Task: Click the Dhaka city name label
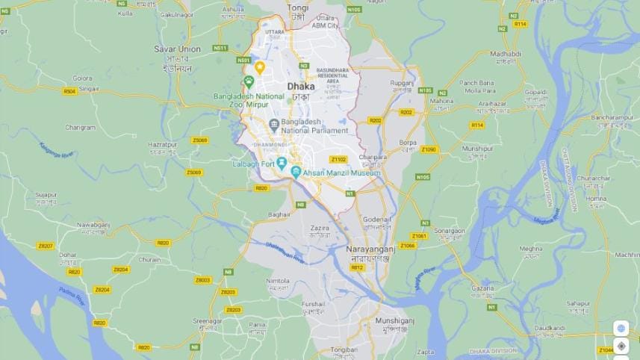pyautogui.click(x=301, y=87)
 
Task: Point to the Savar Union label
pyautogui.click(x=177, y=49)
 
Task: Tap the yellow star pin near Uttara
pyautogui.click(x=260, y=67)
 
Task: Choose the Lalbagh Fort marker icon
pyautogui.click(x=282, y=163)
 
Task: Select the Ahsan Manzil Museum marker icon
pyautogui.click(x=296, y=173)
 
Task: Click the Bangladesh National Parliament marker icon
pyautogui.click(x=274, y=123)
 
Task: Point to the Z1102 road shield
pyautogui.click(x=339, y=159)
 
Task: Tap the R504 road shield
pyautogui.click(x=69, y=91)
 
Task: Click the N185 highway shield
pyautogui.click(x=425, y=90)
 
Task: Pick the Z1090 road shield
pyautogui.click(x=428, y=149)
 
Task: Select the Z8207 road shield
pyautogui.click(x=46, y=246)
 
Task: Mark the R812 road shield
pyautogui.click(x=357, y=267)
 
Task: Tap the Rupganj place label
pyautogui.click(x=402, y=82)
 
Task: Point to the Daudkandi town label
pyautogui.click(x=549, y=328)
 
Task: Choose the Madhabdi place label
pyautogui.click(x=506, y=55)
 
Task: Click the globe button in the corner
pyautogui.click(x=621, y=328)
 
